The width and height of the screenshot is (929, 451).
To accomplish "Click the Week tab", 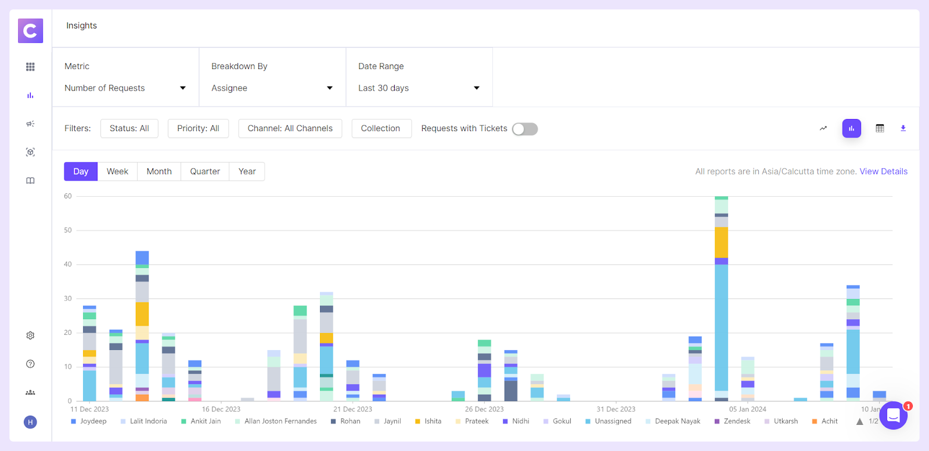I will tap(117, 172).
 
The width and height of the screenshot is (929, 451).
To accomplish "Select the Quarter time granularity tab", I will tap(205, 172).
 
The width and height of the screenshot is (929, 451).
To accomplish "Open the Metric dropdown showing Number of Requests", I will tap(125, 88).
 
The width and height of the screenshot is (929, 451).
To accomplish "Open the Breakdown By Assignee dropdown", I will tap(272, 88).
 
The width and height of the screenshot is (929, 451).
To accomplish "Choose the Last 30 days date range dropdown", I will tap(419, 88).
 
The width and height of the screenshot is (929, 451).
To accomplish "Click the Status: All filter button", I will tap(129, 128).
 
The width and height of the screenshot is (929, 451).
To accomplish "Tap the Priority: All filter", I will tap(198, 128).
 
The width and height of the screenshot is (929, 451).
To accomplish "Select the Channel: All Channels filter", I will tap(290, 128).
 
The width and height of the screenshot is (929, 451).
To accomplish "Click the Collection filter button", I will tap(380, 128).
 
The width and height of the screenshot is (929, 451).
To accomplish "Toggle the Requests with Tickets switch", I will tap(525, 129).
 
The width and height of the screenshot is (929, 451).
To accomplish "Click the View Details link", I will tap(883, 171).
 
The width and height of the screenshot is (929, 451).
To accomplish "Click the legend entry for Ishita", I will tap(433, 421).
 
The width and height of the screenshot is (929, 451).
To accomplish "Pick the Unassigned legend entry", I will tap(613, 421).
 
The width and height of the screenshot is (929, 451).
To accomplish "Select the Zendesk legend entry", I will tap(737, 421).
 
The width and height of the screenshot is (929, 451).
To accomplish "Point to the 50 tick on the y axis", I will tap(68, 230).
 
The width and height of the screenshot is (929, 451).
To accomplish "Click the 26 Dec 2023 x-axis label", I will tap(484, 409).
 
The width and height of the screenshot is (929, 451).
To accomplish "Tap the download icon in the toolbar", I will tap(903, 128).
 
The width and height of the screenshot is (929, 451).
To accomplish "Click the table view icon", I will tap(880, 128).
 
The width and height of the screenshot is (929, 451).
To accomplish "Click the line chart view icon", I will tap(823, 128).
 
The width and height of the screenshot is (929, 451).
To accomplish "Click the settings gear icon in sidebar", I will tap(30, 335).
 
